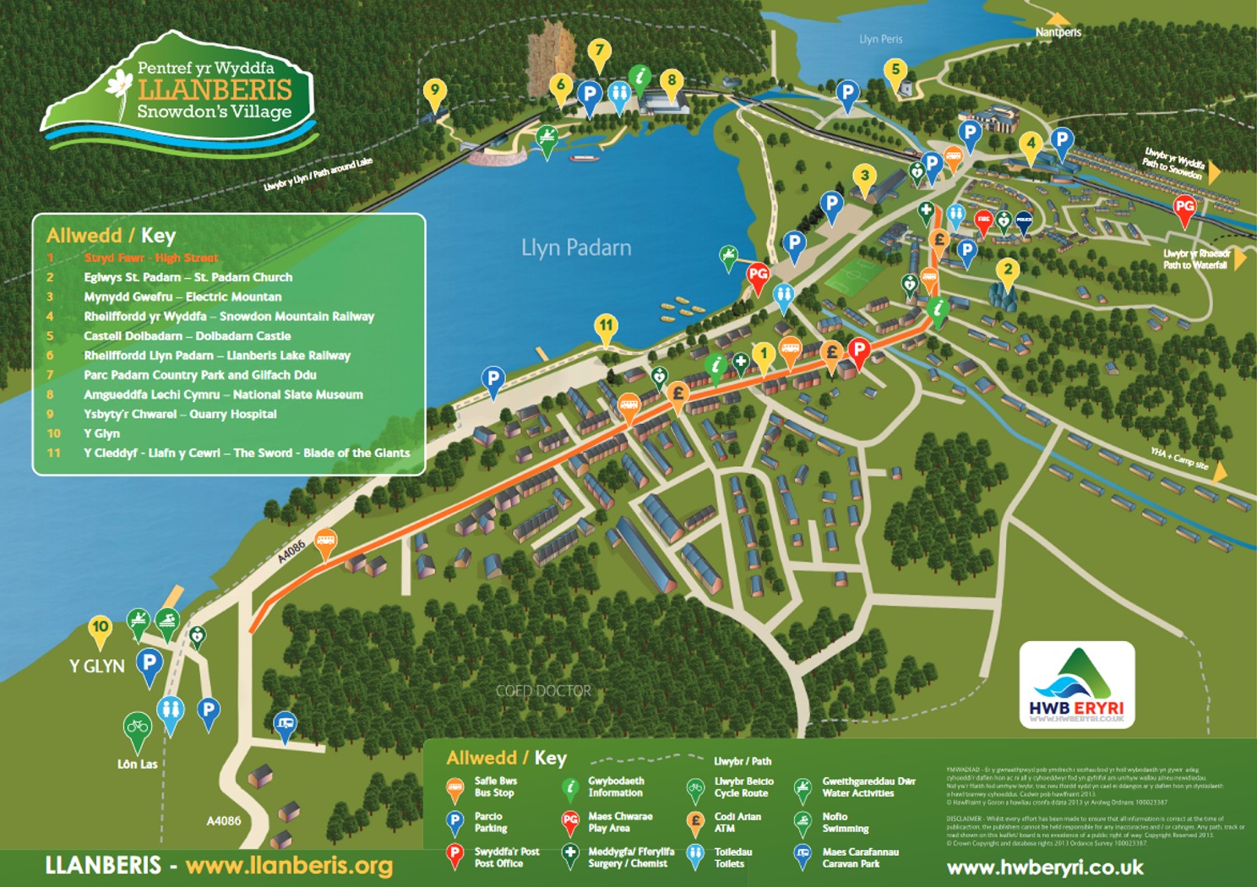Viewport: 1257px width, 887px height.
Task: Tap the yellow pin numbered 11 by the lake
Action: (x=606, y=327)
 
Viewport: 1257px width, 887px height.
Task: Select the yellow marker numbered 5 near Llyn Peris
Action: (x=895, y=71)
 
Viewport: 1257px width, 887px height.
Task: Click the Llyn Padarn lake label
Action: (x=575, y=248)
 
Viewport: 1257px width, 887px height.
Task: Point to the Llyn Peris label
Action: (x=880, y=39)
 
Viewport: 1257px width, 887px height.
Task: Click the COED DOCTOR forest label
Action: (x=543, y=690)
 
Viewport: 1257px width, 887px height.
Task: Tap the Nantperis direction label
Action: (x=1058, y=32)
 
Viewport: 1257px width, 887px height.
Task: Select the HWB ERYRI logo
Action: (x=1076, y=684)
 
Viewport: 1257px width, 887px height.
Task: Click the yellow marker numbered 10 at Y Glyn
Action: (x=101, y=628)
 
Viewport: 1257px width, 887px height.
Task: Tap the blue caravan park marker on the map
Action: (x=286, y=725)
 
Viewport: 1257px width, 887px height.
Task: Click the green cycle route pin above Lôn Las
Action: (x=137, y=726)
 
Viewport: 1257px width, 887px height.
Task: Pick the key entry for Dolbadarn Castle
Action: (x=187, y=335)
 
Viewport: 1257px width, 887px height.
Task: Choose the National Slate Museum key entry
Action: (x=223, y=395)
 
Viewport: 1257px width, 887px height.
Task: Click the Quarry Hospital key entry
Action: (x=180, y=414)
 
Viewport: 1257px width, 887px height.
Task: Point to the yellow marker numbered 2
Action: (x=1007, y=272)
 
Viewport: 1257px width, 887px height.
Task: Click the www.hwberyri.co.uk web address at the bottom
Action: (x=1044, y=868)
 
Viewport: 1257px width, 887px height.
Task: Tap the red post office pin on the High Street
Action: (x=858, y=350)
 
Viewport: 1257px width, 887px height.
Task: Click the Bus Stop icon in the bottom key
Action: (x=455, y=789)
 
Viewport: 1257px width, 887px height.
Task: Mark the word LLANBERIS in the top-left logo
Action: (x=215, y=90)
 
